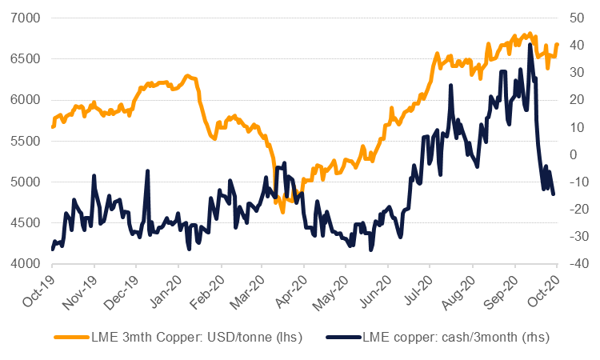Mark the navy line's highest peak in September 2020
click(530, 44)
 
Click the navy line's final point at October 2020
click(554, 194)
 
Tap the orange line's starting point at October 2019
click(53, 126)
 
